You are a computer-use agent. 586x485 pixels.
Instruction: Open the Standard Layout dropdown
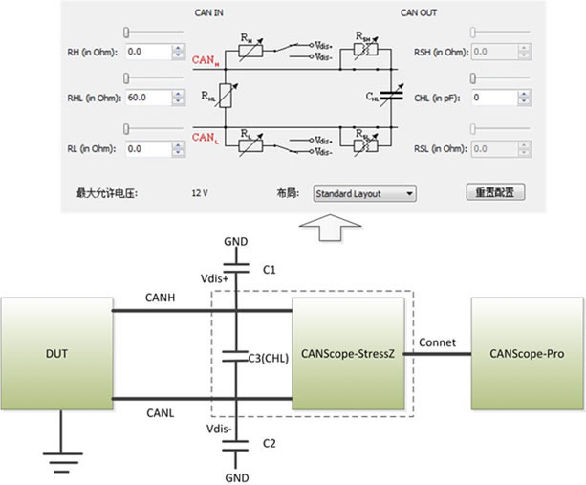pyautogui.click(x=364, y=193)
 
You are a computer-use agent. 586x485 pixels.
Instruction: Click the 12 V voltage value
pyautogui.click(x=199, y=193)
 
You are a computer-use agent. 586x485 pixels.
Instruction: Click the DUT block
pyautogui.click(x=55, y=355)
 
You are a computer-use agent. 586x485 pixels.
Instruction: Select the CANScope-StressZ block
pyautogui.click(x=348, y=355)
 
